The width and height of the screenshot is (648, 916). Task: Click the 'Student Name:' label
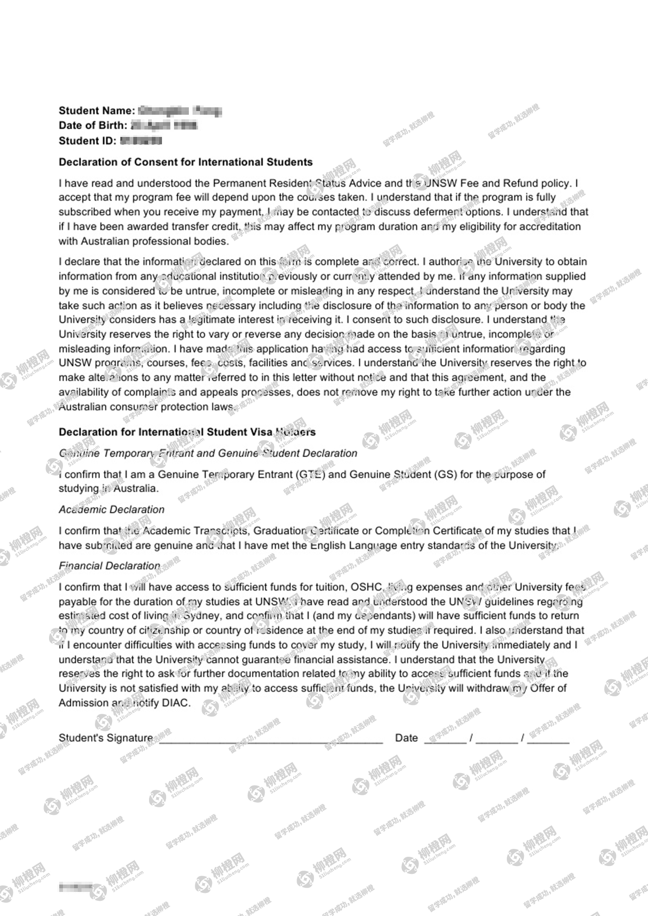[96, 111]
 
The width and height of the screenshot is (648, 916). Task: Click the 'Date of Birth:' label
[93, 125]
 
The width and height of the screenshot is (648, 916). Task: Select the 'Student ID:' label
[87, 141]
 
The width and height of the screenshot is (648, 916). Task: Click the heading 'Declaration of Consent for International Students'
[185, 162]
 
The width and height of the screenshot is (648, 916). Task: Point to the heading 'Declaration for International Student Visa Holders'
[187, 432]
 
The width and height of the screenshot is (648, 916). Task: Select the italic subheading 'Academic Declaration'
[112, 509]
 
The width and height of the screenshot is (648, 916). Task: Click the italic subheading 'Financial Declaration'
[109, 566]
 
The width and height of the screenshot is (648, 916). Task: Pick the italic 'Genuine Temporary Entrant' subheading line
[208, 453]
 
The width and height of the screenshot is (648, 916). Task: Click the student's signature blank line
[271, 739]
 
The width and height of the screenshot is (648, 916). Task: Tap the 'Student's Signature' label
[106, 738]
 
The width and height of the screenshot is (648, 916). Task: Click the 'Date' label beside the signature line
[406, 738]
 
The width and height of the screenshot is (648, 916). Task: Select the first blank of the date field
[445, 739]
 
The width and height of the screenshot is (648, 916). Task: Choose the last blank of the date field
[548, 739]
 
